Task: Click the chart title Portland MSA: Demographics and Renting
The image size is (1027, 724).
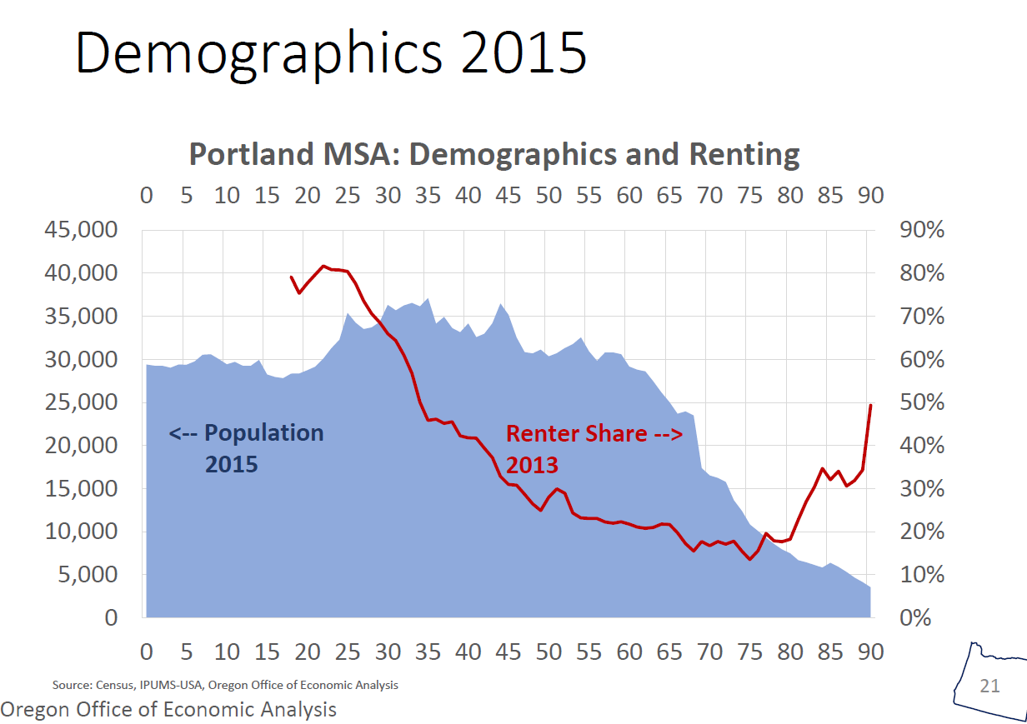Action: tap(493, 154)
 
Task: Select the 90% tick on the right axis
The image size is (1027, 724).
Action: tap(922, 230)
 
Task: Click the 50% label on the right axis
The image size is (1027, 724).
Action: tap(922, 402)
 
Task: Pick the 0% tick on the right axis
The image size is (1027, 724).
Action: tap(917, 618)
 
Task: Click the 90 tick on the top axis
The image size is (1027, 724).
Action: tap(871, 195)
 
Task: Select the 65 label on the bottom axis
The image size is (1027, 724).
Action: tap(669, 652)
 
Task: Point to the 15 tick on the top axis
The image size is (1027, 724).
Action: tap(267, 195)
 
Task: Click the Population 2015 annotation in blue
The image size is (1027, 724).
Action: tap(246, 447)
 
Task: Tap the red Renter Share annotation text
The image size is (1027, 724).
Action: tap(594, 447)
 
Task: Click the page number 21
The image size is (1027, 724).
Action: tap(989, 686)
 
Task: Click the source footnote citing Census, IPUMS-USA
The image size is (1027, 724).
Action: tap(225, 685)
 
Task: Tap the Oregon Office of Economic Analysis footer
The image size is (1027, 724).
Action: tap(169, 709)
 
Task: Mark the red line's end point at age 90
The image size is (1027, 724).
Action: tap(871, 406)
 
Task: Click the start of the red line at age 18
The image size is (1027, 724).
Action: tap(291, 277)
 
